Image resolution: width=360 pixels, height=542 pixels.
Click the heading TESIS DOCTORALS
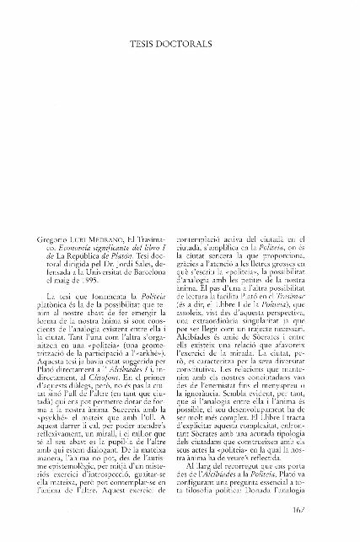pos(180,40)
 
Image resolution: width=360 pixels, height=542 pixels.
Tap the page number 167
pos(326,531)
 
